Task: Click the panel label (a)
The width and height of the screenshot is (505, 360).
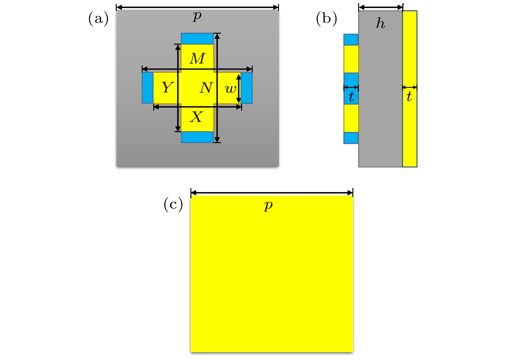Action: (98, 19)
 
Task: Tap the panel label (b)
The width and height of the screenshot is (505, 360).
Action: (326, 19)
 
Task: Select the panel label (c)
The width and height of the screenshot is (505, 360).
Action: (173, 204)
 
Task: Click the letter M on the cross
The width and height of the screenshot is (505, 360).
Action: (197, 58)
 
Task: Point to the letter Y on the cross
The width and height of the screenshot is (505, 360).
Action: (168, 87)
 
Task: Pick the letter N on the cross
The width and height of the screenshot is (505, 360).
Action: (206, 88)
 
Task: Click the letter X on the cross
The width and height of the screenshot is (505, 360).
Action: (196, 117)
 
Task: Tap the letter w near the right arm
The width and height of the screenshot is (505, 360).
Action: (231, 89)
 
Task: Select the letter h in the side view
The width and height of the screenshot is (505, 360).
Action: (381, 23)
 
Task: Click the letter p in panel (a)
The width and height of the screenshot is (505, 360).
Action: (197, 16)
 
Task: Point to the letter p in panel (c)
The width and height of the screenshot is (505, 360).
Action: (268, 205)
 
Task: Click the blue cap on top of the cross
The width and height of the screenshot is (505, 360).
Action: (197, 39)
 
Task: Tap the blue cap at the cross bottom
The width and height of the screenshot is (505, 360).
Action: (198, 137)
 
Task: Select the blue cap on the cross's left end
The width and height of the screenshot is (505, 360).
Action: (148, 88)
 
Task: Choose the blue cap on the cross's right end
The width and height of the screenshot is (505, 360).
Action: (247, 88)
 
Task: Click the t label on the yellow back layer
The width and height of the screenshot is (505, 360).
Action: (409, 96)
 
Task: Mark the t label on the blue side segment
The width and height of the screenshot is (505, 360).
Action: (351, 96)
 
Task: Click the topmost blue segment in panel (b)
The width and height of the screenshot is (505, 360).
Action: (351, 40)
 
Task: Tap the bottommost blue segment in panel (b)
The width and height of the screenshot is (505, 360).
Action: (351, 138)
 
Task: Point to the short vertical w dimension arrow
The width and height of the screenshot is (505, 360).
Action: (239, 89)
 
